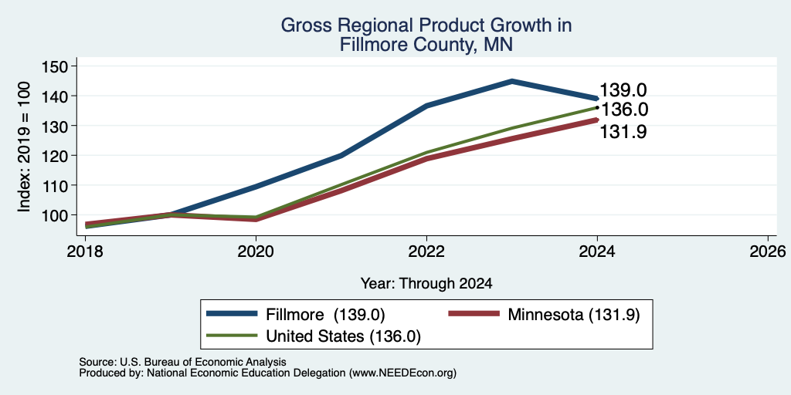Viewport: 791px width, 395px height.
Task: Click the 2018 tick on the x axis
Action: pos(85,251)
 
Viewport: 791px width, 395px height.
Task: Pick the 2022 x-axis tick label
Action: pos(426,251)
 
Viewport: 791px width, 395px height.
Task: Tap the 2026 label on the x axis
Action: pos(769,251)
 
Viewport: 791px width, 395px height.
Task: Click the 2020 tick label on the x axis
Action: pos(256,251)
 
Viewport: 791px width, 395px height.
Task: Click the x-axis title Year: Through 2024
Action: pos(426,284)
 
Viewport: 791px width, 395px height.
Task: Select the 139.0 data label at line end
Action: pos(623,90)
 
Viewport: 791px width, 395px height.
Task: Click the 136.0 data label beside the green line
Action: pos(624,110)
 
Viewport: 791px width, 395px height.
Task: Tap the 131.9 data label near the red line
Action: pos(623,132)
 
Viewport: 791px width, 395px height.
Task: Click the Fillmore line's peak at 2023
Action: pos(512,80)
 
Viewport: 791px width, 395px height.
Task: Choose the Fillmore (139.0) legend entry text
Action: pos(325,315)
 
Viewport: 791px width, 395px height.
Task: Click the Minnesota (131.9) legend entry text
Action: pos(574,315)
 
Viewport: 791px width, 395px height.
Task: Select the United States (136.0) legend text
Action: pos(343,336)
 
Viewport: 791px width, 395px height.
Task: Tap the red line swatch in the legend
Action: pos(474,315)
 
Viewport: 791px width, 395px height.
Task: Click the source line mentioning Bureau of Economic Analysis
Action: pos(182,362)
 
